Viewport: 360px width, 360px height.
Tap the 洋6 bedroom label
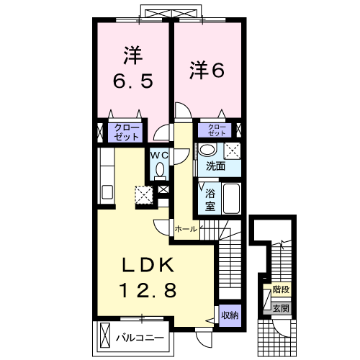[x=207, y=70]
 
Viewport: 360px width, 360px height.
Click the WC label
[x=159, y=154]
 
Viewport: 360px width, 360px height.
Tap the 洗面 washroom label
[x=216, y=166]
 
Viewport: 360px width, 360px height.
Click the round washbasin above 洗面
[x=207, y=150]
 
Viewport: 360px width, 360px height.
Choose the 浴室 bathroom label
[x=211, y=199]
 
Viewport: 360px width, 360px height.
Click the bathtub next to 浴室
[x=231, y=198]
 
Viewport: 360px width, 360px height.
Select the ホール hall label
[x=185, y=228]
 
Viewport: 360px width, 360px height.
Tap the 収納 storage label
[x=230, y=315]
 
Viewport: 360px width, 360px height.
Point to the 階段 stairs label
[x=281, y=290]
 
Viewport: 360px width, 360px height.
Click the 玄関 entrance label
[x=281, y=307]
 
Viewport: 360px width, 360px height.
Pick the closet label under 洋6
[x=217, y=130]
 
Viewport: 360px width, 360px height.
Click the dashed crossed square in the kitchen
[x=144, y=194]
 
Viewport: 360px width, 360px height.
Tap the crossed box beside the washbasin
[x=233, y=150]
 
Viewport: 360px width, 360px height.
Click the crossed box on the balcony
[x=107, y=336]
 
